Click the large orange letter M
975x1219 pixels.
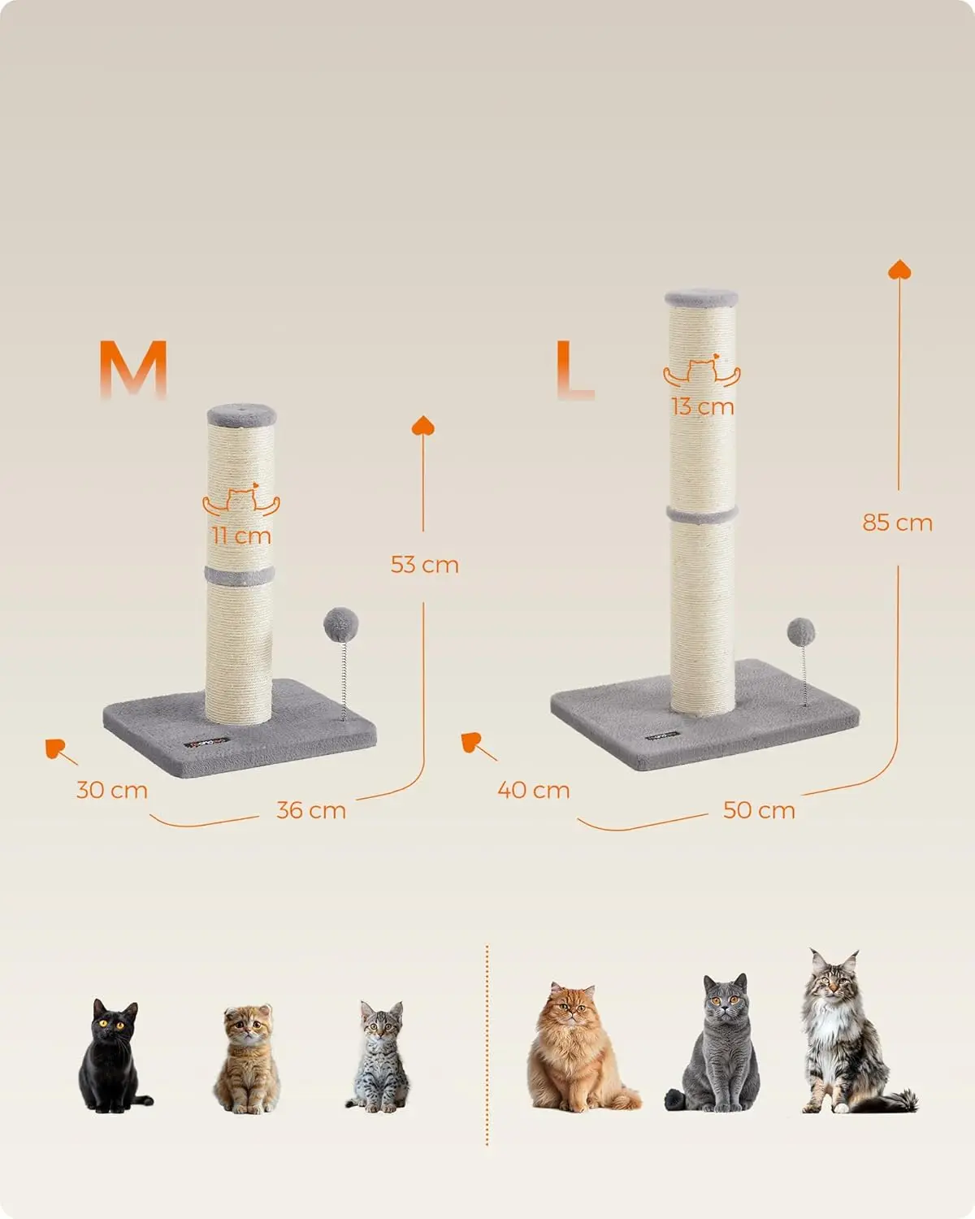pos(133,369)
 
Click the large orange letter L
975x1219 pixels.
pos(574,369)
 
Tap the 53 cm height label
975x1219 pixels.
pos(424,564)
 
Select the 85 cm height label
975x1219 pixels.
pos(897,523)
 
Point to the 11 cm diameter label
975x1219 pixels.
pos(241,536)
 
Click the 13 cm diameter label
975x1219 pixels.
pos(702,406)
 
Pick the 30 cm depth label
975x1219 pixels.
pos(112,790)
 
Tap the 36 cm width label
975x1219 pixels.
pos(311,810)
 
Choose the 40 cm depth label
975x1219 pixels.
pos(534,790)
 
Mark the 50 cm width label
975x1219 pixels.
pos(759,810)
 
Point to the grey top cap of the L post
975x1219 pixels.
pos(702,298)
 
